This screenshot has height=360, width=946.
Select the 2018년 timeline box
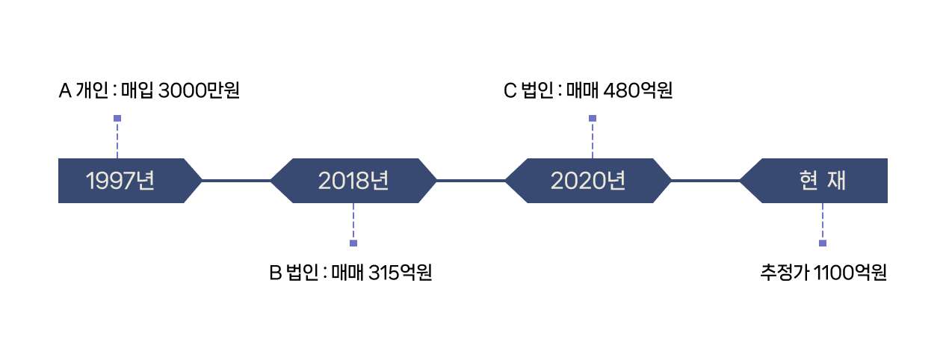(353, 181)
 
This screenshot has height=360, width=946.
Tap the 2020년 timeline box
(587, 181)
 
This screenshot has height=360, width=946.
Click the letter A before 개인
(65, 92)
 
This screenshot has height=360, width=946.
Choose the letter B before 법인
(274, 273)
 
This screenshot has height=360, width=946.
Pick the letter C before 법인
(510, 92)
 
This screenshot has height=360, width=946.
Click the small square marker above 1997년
(117, 118)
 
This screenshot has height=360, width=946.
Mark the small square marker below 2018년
(353, 243)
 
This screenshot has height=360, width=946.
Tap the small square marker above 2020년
(593, 118)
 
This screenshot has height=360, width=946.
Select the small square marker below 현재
(823, 243)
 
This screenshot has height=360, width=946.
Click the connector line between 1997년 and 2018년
(235, 181)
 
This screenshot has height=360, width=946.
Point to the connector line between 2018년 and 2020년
(470, 181)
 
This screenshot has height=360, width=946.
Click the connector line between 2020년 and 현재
(705, 181)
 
